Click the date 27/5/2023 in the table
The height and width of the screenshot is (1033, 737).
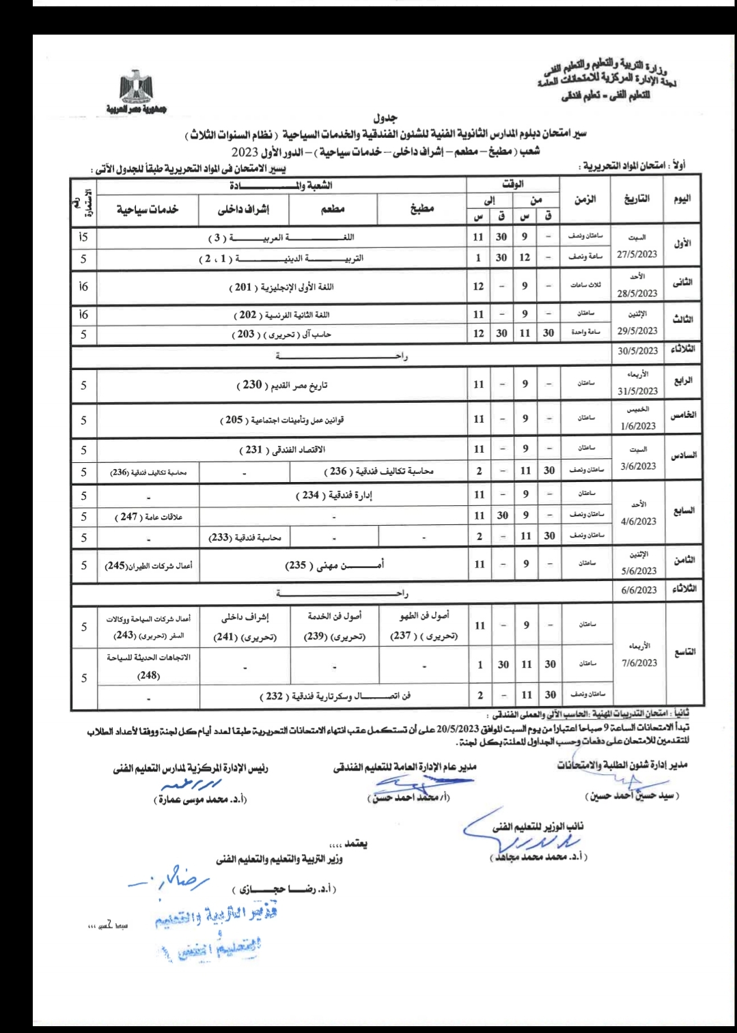coord(637,254)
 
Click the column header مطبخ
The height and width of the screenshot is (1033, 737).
coord(421,209)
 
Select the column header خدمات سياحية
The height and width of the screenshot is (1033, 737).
coord(148,209)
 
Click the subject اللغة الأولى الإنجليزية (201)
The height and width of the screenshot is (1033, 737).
coord(281,287)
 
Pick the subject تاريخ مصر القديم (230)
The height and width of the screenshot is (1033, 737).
coord(281,385)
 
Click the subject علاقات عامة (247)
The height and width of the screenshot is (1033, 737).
coord(148,517)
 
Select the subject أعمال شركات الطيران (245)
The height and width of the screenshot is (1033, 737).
coord(148,565)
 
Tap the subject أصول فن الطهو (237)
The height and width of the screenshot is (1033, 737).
coord(423,625)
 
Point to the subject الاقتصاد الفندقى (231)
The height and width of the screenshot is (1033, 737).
coord(281,449)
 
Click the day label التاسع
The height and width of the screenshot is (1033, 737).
coord(684,652)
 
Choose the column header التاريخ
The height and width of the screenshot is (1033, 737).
coord(637,199)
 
